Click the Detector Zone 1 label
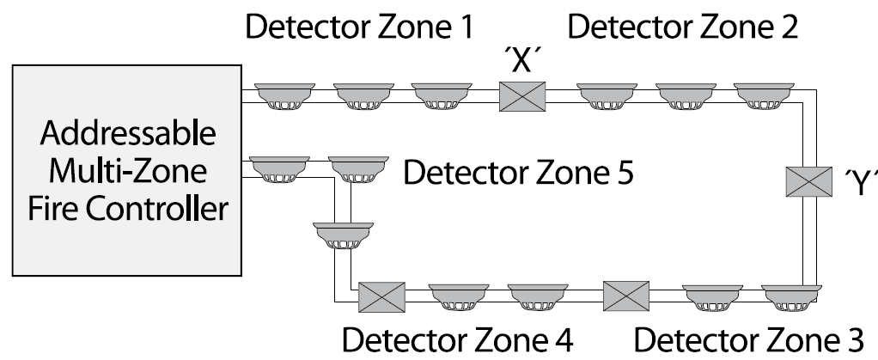coord(360,27)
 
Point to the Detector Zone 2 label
coord(683,27)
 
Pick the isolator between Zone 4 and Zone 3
coord(626,296)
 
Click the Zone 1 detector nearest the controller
coord(281,96)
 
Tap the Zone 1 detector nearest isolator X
coord(439,96)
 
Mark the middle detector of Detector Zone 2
coord(682,96)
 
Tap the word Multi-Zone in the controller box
coord(120,171)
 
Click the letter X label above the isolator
coord(522,62)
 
